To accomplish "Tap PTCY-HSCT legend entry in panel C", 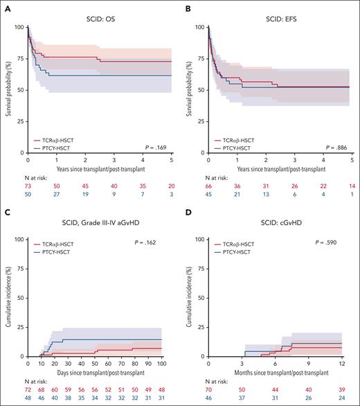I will [x=55, y=250].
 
